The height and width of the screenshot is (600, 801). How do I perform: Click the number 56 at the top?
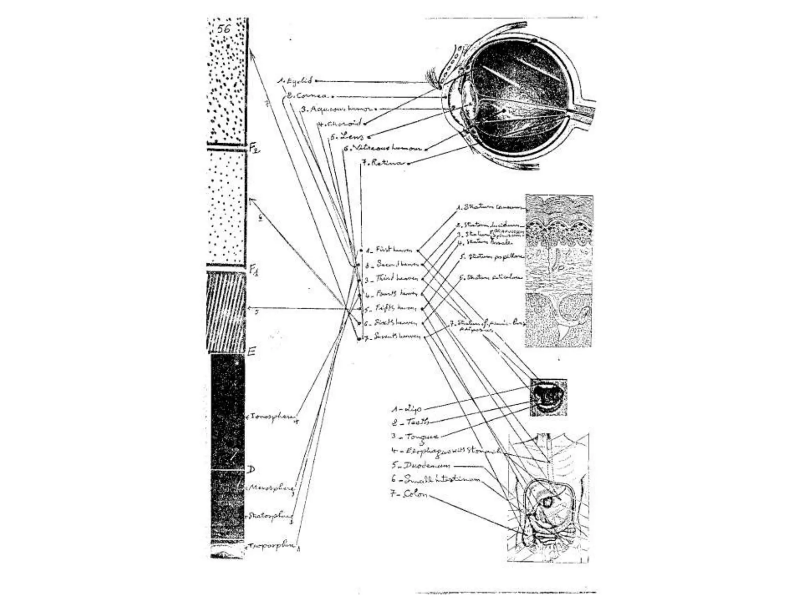224,29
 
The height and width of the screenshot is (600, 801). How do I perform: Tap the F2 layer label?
255,148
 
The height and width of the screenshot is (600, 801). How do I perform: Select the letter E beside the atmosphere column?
252,351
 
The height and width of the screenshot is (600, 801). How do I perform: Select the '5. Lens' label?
347,136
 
